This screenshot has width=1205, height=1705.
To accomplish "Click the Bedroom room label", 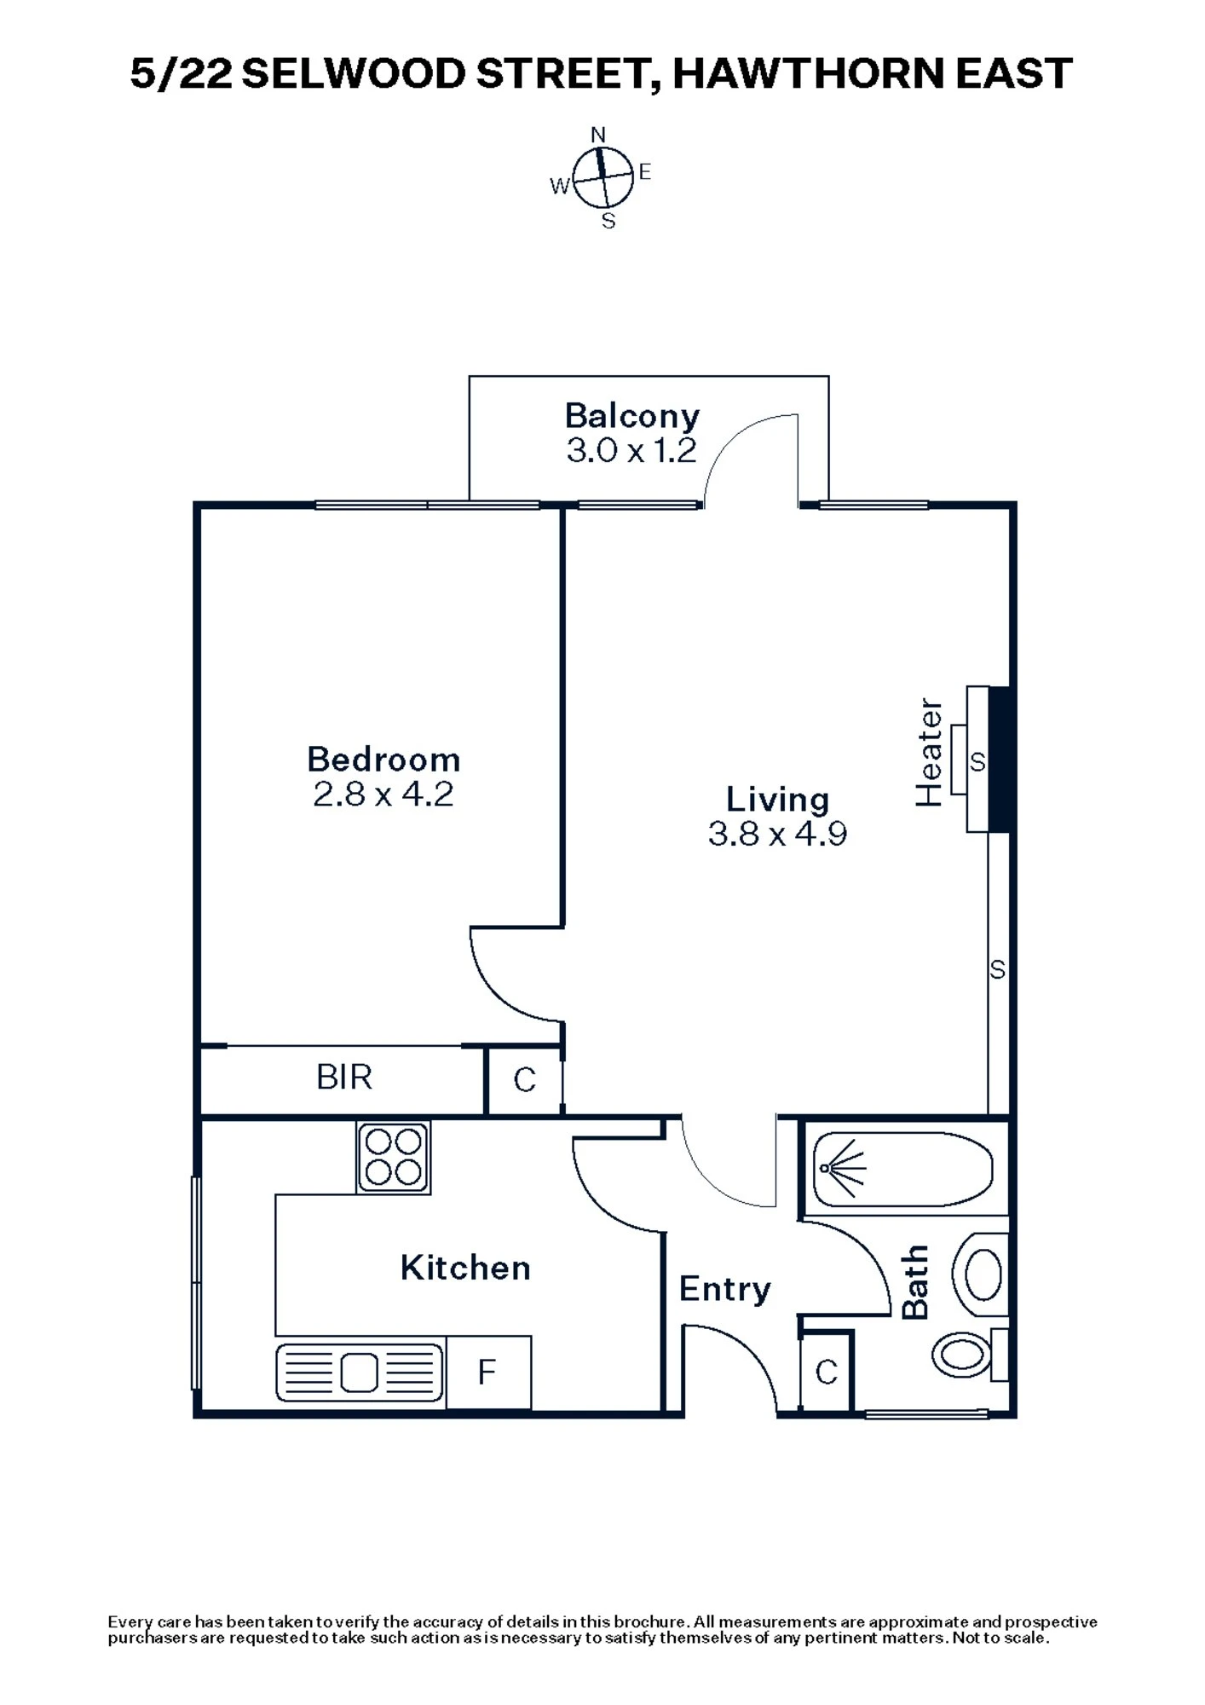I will (x=383, y=760).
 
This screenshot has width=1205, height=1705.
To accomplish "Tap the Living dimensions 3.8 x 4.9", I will (x=777, y=834).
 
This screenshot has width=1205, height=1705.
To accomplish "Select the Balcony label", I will (x=631, y=416).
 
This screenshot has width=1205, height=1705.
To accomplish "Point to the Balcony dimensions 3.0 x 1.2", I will (x=631, y=450).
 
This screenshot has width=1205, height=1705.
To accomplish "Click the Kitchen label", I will (x=465, y=1269).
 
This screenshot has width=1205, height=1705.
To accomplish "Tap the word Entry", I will (x=724, y=1289).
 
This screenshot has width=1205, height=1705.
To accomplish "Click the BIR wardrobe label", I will (x=344, y=1078).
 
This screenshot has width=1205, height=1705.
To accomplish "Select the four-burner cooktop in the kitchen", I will (x=394, y=1158).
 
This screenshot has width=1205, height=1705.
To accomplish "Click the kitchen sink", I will (x=360, y=1373).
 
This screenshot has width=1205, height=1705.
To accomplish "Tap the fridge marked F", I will (x=487, y=1373).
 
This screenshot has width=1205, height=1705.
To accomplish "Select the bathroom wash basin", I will (x=983, y=1275).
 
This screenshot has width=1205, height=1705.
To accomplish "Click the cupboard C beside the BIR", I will (x=525, y=1080).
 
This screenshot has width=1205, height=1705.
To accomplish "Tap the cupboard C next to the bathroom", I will (x=827, y=1373).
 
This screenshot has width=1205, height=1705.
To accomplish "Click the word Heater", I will (x=930, y=753).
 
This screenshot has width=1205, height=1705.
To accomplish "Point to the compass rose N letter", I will (x=598, y=135).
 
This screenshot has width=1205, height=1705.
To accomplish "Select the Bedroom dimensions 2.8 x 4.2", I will (x=383, y=795).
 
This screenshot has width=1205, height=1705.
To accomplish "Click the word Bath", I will (x=915, y=1282).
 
